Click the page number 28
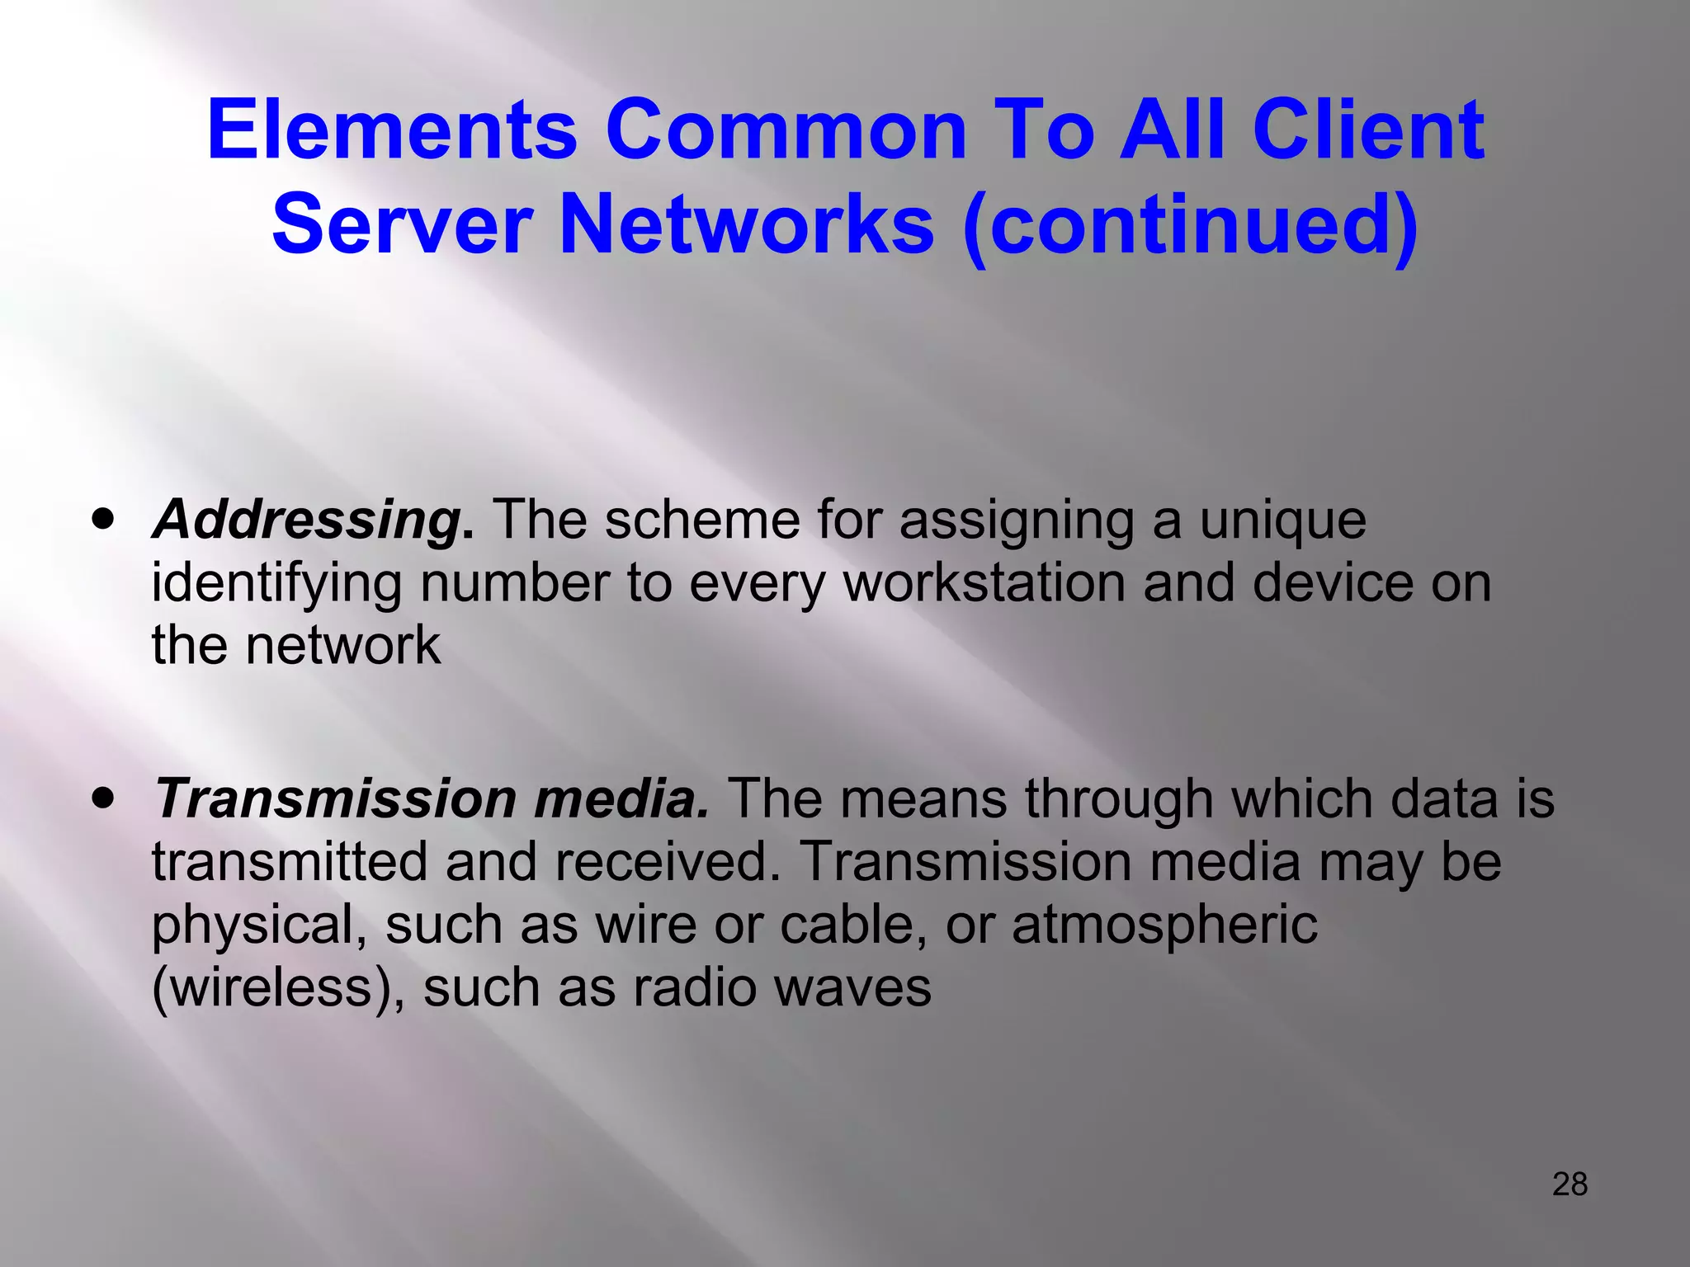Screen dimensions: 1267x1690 click(x=1570, y=1185)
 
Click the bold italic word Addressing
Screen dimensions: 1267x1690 click(x=307, y=521)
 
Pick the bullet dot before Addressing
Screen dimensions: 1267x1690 click(x=103, y=520)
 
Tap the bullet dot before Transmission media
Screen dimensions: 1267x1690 click(x=103, y=798)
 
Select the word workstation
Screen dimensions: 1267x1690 click(x=984, y=583)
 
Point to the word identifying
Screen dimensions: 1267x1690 click(x=276, y=585)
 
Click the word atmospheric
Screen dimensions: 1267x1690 click(x=1164, y=925)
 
